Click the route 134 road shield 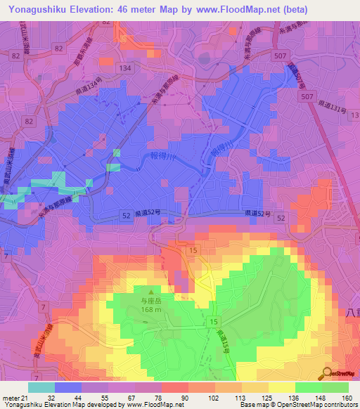point(125,67)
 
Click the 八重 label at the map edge point(352,312)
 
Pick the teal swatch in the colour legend point(41,387)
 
